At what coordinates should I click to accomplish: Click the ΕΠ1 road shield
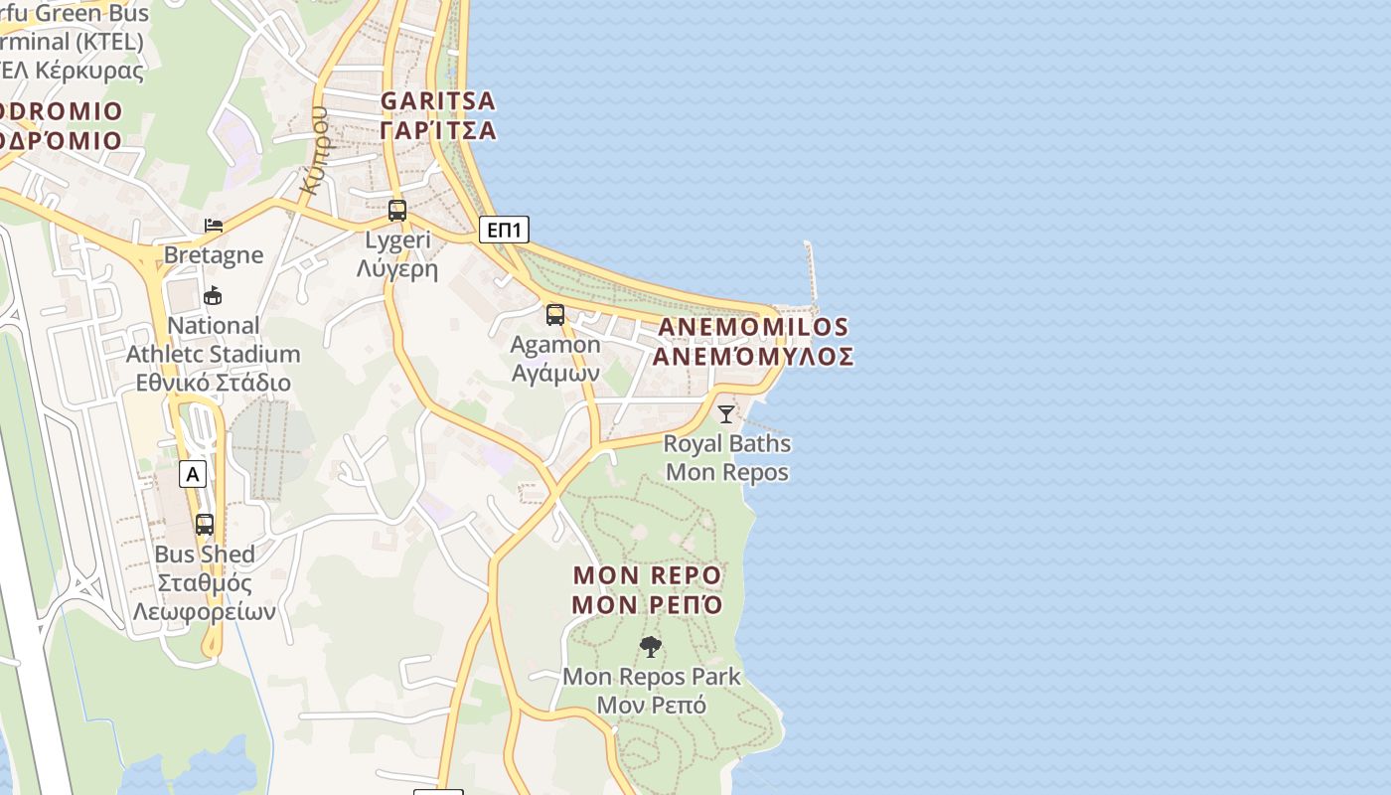504,231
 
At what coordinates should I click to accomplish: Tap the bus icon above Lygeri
397,211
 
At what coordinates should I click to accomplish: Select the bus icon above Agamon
555,315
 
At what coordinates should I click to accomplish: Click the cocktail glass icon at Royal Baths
726,413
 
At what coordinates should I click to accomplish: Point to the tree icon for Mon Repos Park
651,647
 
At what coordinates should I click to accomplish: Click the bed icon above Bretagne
214,226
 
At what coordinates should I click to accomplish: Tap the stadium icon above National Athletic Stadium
213,295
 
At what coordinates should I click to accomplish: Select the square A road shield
193,475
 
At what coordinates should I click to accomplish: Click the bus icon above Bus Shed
205,524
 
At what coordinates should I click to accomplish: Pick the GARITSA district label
438,101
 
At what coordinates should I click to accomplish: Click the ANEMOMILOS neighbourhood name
753,327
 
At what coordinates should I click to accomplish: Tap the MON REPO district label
647,575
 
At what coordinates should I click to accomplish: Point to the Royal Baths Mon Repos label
727,457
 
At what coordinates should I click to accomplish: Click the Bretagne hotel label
214,255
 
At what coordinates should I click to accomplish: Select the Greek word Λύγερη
397,268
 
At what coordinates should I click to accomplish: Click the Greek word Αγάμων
555,373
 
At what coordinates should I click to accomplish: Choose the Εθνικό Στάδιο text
214,383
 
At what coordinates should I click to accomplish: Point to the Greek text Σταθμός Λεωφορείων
205,597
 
